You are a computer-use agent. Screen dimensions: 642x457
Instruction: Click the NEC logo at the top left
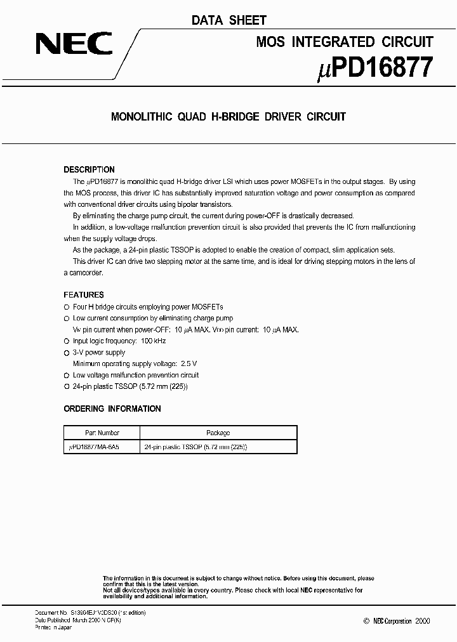[74, 44]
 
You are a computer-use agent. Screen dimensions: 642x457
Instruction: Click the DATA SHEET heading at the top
[228, 20]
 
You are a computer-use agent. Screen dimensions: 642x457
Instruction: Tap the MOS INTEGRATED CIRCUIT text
[345, 42]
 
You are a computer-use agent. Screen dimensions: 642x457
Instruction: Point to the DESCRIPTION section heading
[89, 169]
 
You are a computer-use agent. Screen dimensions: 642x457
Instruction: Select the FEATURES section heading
[83, 295]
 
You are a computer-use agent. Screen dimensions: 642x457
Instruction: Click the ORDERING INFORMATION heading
[112, 409]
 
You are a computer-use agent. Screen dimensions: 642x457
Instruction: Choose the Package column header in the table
[218, 433]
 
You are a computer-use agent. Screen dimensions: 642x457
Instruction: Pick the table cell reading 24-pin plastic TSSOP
[195, 447]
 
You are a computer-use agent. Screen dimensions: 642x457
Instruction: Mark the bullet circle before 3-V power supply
[66, 353]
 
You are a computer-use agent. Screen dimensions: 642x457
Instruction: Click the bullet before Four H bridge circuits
[66, 307]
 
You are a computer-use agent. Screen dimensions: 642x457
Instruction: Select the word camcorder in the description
[86, 272]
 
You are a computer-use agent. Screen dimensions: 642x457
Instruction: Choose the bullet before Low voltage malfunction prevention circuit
[66, 376]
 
